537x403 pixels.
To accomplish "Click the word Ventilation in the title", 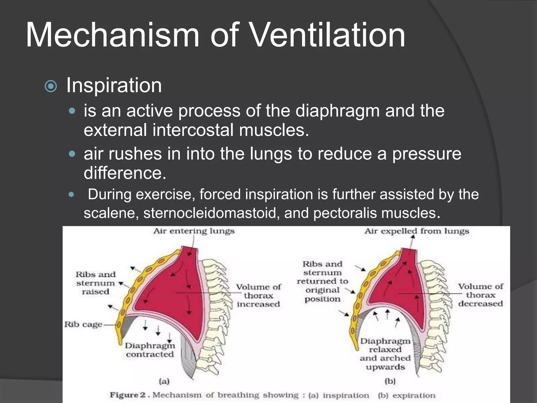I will pos(329,35).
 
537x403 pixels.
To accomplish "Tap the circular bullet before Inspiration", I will pos(51,86).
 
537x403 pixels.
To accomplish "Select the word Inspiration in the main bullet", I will pos(114,85).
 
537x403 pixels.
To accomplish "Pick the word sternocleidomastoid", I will pos(210,213).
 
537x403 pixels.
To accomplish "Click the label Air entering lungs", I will pos(194,231).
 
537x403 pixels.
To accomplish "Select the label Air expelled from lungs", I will pos(417,231).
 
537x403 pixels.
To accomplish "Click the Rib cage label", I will pos(83,325).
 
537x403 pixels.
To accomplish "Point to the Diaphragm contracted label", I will pos(150,350).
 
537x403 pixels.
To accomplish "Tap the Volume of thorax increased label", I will pos(258,295).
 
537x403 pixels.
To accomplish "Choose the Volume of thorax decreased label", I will pos(481,295).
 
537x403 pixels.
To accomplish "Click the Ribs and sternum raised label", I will pos(95,283).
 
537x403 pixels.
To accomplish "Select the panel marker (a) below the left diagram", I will pos(164,381).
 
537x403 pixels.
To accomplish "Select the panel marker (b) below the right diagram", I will pos(390,381).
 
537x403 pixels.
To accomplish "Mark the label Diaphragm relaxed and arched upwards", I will pos(385,354).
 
